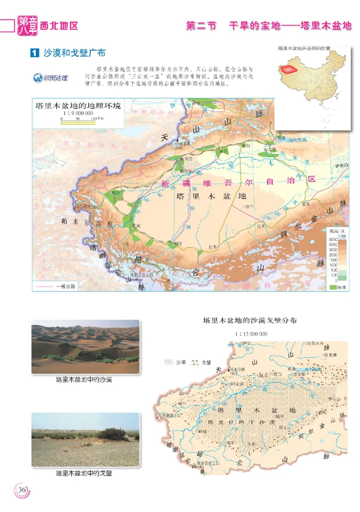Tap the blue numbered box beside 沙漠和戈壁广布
coord(34,53)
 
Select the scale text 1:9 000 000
coord(77,113)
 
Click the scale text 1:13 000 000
coord(251,334)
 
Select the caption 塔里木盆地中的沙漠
coord(84,380)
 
